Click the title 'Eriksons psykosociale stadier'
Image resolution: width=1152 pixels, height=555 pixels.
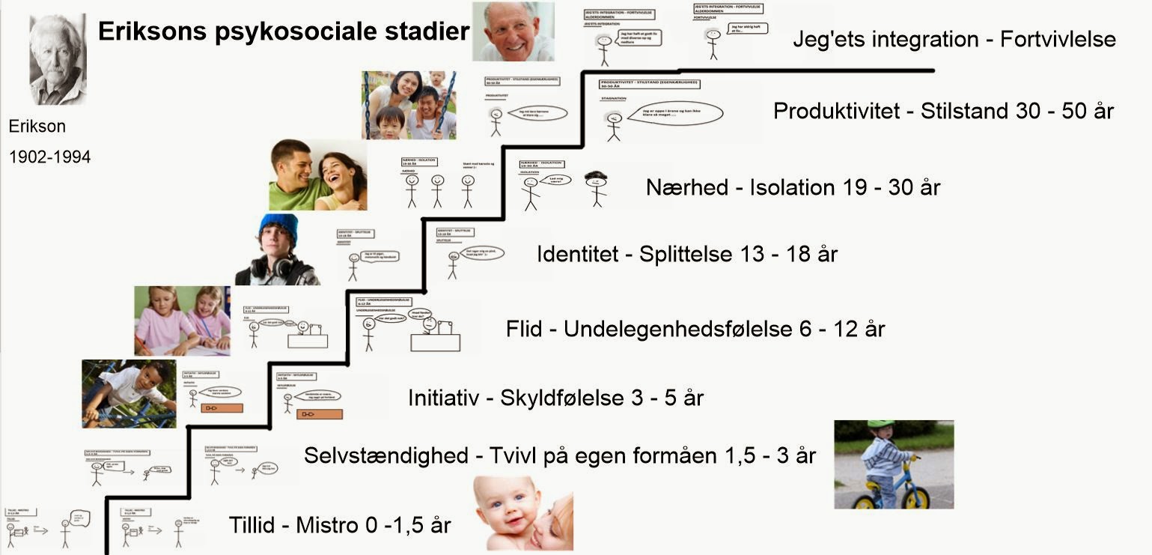[x=284, y=31]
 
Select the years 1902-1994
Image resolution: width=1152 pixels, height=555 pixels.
[x=49, y=157]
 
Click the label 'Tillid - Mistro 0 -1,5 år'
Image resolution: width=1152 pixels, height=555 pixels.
[x=341, y=525]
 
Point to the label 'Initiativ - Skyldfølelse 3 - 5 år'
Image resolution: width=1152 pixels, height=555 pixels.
[x=556, y=398]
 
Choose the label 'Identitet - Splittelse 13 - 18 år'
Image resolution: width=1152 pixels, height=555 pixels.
[x=686, y=254]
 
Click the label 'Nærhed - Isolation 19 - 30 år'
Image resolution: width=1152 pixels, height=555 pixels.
[x=793, y=186]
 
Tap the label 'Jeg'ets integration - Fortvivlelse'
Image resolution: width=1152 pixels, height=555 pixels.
[x=954, y=39]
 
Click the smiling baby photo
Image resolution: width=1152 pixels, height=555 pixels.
[x=523, y=513]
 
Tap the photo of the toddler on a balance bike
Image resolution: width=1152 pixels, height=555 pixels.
[x=894, y=464]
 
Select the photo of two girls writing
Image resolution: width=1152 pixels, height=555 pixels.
[x=182, y=321]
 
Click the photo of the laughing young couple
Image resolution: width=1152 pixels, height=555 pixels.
[x=318, y=175]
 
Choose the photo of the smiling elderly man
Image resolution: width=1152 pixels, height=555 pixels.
[x=513, y=31]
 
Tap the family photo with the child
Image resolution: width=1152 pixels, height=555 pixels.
[x=409, y=106]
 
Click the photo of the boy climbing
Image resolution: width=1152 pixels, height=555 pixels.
[x=129, y=393]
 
